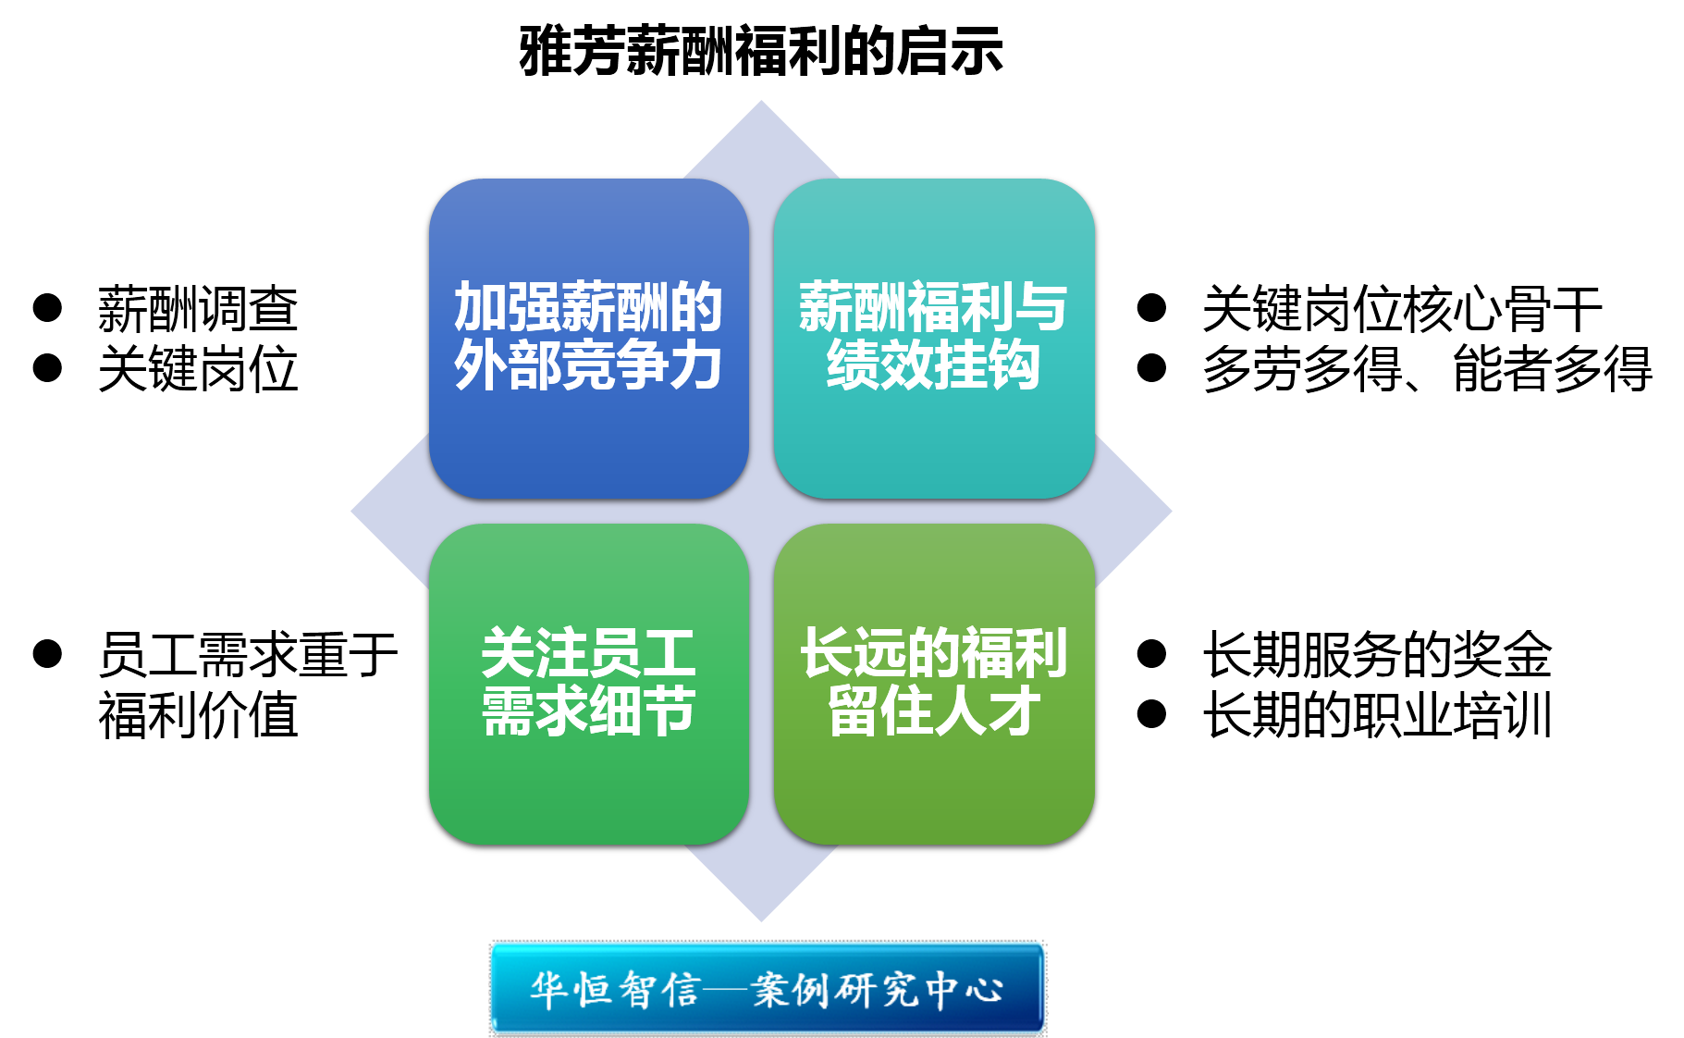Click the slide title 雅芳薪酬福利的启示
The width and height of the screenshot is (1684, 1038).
[760, 51]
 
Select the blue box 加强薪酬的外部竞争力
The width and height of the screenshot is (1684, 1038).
[589, 339]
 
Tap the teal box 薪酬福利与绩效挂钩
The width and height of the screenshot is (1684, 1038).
[934, 339]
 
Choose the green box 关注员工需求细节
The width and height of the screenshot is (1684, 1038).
[589, 684]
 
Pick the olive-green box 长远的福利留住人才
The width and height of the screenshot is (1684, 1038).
[934, 684]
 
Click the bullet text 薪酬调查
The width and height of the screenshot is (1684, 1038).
[198, 309]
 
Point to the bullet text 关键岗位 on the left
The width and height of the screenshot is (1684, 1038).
[198, 369]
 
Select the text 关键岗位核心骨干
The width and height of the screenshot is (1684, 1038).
[1402, 309]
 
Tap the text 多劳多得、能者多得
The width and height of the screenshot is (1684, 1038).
[1427, 369]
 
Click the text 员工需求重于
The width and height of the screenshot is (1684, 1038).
[248, 655]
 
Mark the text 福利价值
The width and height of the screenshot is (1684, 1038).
[198, 715]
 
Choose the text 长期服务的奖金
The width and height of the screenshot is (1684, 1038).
[1377, 655]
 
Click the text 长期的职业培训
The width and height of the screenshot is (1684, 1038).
[1377, 715]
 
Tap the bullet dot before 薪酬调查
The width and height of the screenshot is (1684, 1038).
[47, 308]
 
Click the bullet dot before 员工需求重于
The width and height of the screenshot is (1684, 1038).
[47, 654]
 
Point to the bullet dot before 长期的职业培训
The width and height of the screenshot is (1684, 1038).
[1151, 714]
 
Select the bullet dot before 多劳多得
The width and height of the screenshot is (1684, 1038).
[1151, 368]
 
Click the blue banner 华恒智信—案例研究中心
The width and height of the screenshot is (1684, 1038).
[768, 988]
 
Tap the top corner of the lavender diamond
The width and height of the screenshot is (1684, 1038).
[761, 102]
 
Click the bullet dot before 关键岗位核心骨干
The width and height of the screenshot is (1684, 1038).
[1151, 308]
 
